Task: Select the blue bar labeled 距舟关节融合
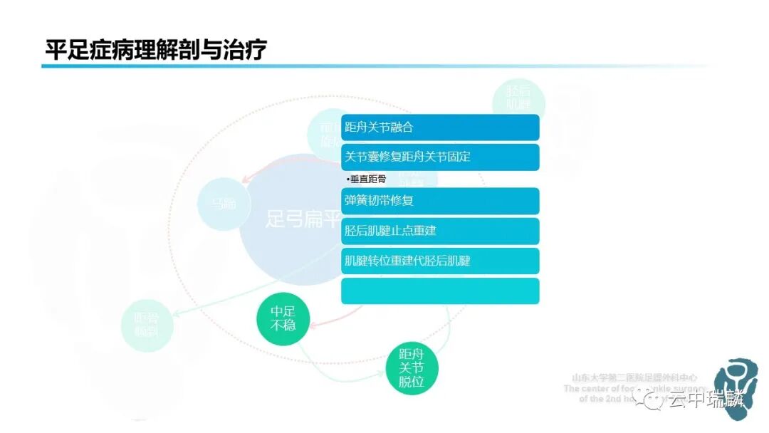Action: click(440, 127)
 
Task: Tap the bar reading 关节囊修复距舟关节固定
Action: click(440, 157)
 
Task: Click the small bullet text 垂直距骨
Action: click(366, 179)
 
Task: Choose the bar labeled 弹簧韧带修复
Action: click(440, 201)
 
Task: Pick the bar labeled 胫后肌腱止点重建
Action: click(440, 231)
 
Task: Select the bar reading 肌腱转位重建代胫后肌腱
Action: click(440, 261)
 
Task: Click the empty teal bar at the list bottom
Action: click(440, 291)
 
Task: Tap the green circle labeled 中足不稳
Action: click(283, 319)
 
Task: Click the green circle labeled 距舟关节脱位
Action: click(411, 368)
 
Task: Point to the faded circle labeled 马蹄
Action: click(223, 204)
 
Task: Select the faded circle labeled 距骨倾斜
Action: click(147, 325)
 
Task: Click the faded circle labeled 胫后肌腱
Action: click(518, 98)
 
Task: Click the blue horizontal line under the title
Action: click(356, 66)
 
